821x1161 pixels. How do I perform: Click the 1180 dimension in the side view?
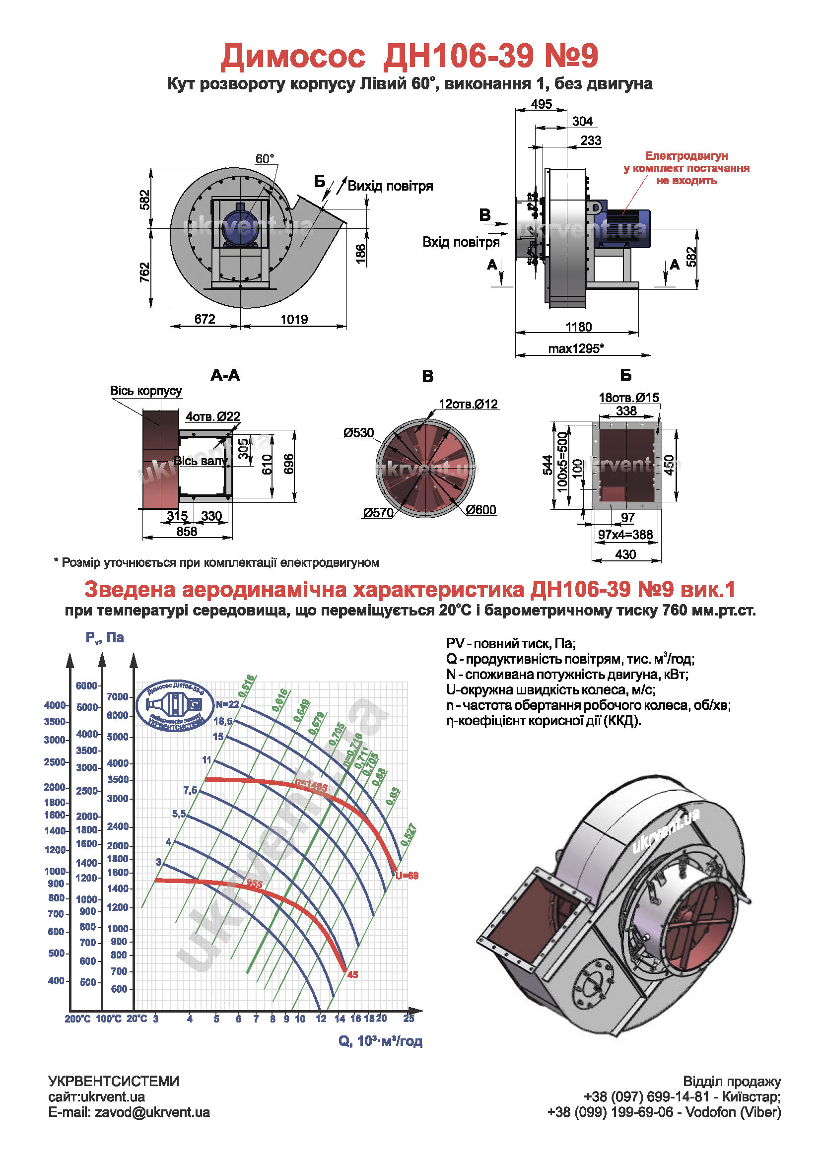(578, 327)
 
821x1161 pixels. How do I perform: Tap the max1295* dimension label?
(576, 348)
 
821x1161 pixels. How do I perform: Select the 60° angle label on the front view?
(265, 159)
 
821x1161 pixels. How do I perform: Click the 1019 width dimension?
(294, 319)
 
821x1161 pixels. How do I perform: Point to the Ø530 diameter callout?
(358, 433)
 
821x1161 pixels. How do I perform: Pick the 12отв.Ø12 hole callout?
(468, 404)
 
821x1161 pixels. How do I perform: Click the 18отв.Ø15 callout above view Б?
(628, 398)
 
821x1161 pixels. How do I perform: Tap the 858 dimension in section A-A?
(187, 532)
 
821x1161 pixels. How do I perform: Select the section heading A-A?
(225, 375)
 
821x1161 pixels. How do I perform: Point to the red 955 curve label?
(254, 884)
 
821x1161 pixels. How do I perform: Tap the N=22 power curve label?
(227, 704)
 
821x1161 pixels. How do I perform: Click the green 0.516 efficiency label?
(247, 686)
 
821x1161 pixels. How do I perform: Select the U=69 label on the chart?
(407, 876)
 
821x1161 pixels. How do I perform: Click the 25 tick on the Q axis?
(409, 1018)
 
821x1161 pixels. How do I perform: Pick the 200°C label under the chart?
(77, 1019)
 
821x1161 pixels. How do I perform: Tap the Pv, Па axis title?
(105, 638)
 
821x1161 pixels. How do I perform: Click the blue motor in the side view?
(627, 228)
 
